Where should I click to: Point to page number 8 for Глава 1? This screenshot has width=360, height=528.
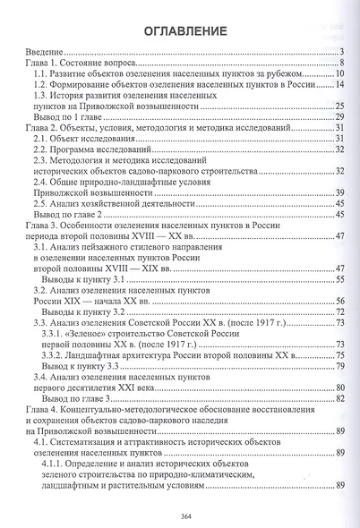tap(343, 66)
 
